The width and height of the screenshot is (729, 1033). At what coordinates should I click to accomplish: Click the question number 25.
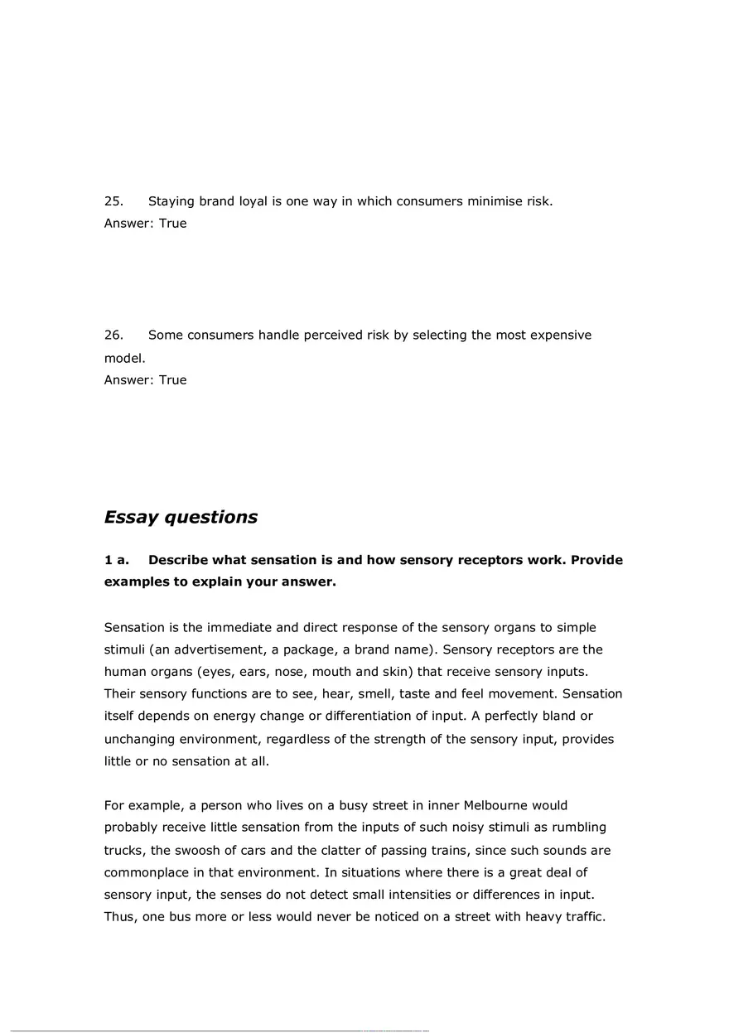pyautogui.click(x=113, y=201)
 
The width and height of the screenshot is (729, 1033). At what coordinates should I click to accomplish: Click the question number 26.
pyautogui.click(x=113, y=335)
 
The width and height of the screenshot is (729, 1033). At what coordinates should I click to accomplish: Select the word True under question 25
pyautogui.click(x=173, y=224)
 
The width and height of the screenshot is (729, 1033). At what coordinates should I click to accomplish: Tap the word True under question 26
pyautogui.click(x=173, y=380)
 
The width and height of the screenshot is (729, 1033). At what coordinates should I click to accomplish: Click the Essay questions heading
pyautogui.click(x=181, y=518)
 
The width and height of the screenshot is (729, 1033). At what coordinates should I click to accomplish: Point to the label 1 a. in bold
pyautogui.click(x=117, y=560)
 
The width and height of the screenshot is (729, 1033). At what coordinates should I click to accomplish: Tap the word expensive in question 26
pyautogui.click(x=561, y=335)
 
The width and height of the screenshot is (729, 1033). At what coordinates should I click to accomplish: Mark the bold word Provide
pyautogui.click(x=594, y=560)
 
